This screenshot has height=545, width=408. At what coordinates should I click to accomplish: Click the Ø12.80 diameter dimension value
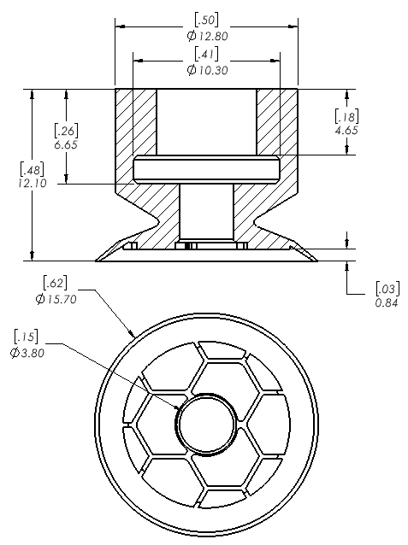pyautogui.click(x=208, y=36)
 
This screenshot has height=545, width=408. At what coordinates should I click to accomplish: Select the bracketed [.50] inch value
pyautogui.click(x=206, y=20)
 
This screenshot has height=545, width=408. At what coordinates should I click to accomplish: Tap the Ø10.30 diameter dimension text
pyautogui.click(x=208, y=70)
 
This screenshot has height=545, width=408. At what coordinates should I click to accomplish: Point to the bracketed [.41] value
pyautogui.click(x=206, y=54)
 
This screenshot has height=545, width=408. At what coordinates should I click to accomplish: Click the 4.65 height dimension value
pyautogui.click(x=346, y=131)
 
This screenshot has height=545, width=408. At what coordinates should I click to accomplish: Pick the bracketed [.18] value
pyautogui.click(x=346, y=116)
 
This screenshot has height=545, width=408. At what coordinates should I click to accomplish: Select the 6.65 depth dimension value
pyautogui.click(x=66, y=144)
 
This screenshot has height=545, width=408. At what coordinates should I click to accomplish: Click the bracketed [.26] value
pyautogui.click(x=66, y=131)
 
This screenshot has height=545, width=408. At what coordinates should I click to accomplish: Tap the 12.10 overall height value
pyautogui.click(x=32, y=183)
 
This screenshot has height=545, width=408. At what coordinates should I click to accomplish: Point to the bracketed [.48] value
pyautogui.click(x=32, y=169)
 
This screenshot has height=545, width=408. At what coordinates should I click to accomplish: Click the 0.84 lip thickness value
pyautogui.click(x=387, y=303)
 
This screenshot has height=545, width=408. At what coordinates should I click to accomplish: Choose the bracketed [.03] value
pyautogui.click(x=387, y=289)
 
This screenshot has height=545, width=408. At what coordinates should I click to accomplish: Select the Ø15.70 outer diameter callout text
pyautogui.click(x=56, y=299)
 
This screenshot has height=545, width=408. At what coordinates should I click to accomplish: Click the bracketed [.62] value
pyautogui.click(x=55, y=283)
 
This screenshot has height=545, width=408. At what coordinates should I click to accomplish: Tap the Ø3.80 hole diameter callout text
pyautogui.click(x=27, y=353)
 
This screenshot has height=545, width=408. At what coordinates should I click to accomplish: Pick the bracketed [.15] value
pyautogui.click(x=26, y=337)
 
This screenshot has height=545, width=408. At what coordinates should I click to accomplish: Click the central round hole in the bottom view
pyautogui.click(x=206, y=424)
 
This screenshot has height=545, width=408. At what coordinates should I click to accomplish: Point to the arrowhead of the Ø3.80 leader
pyautogui.click(x=177, y=407)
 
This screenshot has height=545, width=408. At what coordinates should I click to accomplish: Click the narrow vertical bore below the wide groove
pyautogui.click(x=206, y=212)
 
